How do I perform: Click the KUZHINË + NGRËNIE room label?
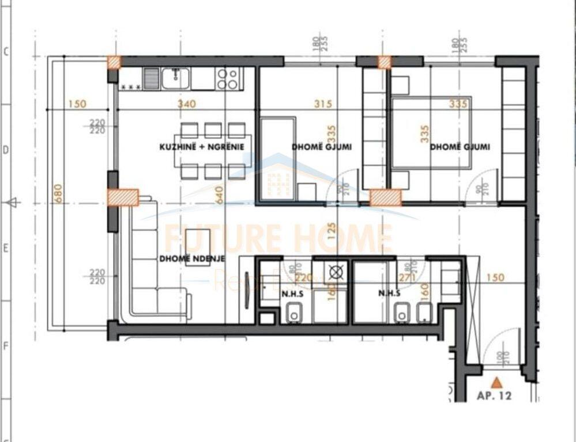pyautogui.click(x=202, y=147)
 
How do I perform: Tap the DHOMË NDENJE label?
pyautogui.click(x=192, y=258)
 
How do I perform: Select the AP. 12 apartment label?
pyautogui.click(x=495, y=396)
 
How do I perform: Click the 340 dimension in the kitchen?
pyautogui.click(x=187, y=104)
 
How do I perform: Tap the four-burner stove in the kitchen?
pyautogui.click(x=228, y=78)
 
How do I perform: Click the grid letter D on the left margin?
pyautogui.click(x=6, y=150)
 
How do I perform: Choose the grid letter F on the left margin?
pyautogui.click(x=6, y=346)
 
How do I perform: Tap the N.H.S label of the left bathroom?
pyautogui.click(x=289, y=293)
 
